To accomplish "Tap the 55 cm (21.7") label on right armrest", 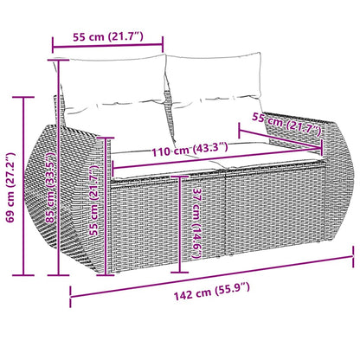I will pos(286,125).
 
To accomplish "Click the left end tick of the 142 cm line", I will pos(70,300).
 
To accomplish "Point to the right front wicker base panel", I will pos(264,212).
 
